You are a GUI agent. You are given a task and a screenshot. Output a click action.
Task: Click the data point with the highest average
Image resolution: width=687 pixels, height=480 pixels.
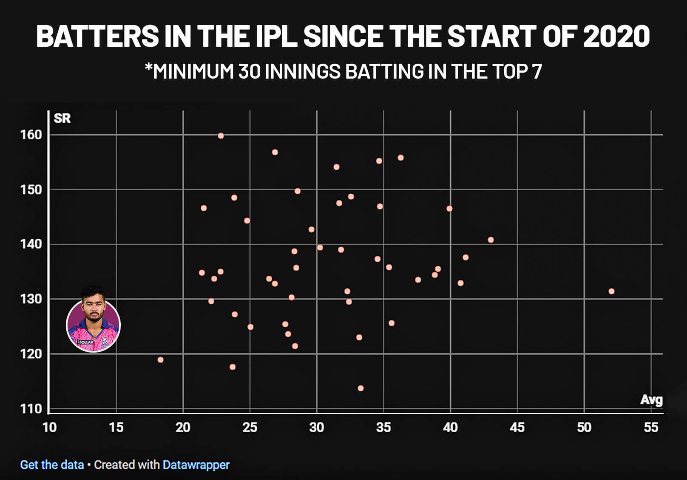[611, 291]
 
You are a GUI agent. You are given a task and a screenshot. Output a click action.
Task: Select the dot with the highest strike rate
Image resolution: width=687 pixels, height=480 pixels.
[221, 136]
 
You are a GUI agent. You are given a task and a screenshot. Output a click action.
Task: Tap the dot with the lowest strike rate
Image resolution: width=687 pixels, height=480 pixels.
[361, 388]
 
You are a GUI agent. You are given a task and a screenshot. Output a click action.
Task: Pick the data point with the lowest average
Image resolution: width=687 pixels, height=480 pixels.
[160, 360]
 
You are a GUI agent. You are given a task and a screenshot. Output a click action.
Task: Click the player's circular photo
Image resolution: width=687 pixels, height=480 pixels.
[94, 325]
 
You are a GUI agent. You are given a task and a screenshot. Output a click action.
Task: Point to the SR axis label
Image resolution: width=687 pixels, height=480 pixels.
[62, 119]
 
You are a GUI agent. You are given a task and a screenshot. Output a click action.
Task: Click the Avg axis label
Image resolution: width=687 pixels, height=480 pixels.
[651, 400]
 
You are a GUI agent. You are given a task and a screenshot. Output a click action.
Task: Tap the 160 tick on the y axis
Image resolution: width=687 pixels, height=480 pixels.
[31, 135]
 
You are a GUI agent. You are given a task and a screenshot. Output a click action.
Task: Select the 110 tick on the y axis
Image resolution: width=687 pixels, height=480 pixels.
[31, 409]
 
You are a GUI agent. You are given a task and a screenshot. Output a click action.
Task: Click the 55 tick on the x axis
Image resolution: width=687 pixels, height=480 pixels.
[651, 427]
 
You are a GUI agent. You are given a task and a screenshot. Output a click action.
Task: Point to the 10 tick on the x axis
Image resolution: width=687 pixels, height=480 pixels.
[49, 427]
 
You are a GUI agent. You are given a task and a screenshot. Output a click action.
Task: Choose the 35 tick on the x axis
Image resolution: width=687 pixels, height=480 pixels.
[383, 427]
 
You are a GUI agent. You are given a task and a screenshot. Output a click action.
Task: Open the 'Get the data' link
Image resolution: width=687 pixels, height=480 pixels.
[52, 465]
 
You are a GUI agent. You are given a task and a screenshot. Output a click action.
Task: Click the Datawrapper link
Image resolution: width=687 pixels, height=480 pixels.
[196, 465]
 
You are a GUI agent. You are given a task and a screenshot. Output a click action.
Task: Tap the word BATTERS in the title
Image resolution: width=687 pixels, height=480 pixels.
[97, 36]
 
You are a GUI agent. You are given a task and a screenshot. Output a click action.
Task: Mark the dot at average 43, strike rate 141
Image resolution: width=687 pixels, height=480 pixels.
[491, 240]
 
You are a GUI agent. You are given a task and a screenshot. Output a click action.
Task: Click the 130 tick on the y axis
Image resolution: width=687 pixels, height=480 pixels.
[31, 299]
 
